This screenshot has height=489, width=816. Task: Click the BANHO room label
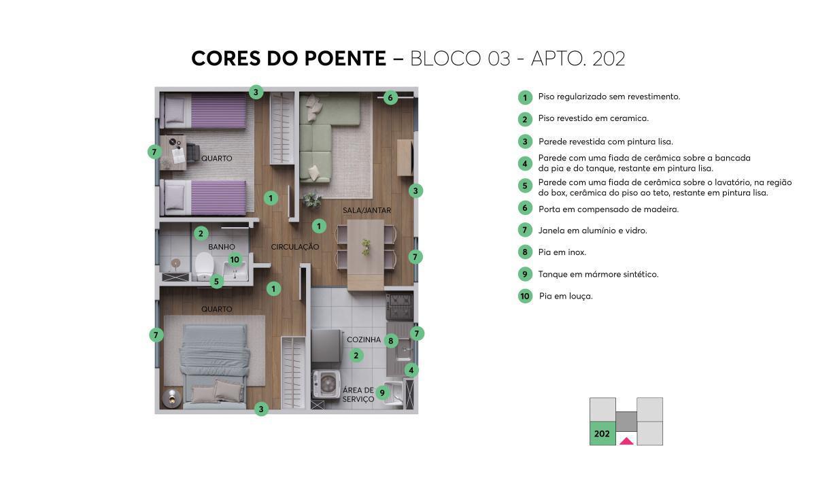point(222,247)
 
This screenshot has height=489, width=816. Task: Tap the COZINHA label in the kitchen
point(364,339)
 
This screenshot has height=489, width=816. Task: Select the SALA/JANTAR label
point(367,210)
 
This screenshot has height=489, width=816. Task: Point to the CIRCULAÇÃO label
point(294,247)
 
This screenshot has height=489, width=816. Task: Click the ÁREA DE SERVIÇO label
point(358,394)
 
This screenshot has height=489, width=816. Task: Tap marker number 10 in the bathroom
point(235,259)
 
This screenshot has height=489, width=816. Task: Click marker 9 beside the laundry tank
point(382,392)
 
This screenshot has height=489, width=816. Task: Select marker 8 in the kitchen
point(390,340)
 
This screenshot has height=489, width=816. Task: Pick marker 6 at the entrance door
point(390,97)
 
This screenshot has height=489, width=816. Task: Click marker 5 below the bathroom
point(217,281)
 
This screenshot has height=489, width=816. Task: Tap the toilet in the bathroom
point(203,265)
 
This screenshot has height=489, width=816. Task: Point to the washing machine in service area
point(326,385)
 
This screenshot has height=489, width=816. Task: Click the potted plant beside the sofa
point(312,199)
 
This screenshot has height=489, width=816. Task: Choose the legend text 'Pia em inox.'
point(562,252)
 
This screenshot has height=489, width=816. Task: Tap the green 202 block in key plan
point(602,433)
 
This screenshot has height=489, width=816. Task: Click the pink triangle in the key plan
point(626,441)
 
